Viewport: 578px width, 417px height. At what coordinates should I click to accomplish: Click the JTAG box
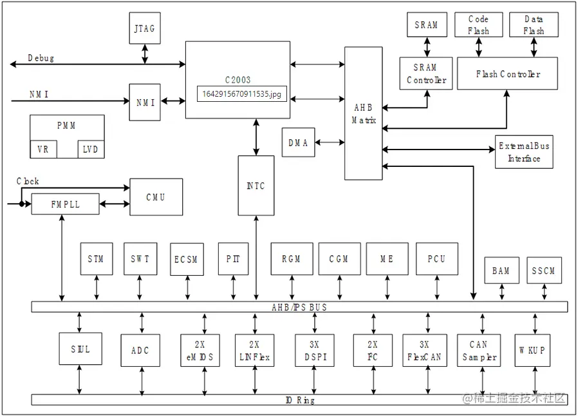coord(145,28)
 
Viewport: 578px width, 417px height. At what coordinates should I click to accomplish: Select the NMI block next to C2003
coord(145,101)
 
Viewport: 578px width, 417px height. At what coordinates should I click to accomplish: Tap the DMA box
coord(298,142)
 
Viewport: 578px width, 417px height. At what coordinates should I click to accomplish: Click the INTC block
coord(256,186)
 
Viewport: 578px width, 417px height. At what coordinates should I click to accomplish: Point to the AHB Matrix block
coord(363,113)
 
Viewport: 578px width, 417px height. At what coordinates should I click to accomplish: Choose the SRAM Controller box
coord(426,73)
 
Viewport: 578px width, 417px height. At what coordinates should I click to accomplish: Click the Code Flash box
coord(478,25)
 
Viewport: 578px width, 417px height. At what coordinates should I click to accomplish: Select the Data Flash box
coord(534,25)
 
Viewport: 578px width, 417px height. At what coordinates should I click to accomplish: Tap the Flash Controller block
coord(507,73)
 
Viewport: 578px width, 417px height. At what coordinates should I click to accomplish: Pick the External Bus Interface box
coord(524,152)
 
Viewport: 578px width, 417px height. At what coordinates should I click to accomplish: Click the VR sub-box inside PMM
coord(43,149)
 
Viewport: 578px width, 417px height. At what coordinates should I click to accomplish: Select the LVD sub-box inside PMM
coord(91,149)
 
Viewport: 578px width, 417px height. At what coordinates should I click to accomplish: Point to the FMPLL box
coord(66,204)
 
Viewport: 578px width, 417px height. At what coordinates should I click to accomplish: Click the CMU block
coord(156,197)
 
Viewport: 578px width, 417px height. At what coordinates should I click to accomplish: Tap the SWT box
coord(140,259)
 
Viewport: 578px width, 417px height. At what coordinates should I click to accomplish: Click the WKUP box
coord(533,351)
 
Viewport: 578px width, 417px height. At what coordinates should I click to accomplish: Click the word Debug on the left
coord(41,58)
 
